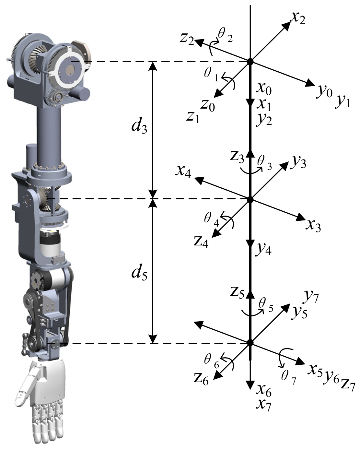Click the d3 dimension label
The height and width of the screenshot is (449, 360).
(139, 126)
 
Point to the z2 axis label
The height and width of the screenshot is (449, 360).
(187, 39)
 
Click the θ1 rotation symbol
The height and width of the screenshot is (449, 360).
(211, 75)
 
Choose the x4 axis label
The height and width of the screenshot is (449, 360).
(183, 172)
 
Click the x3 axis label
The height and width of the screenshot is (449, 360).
(313, 226)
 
